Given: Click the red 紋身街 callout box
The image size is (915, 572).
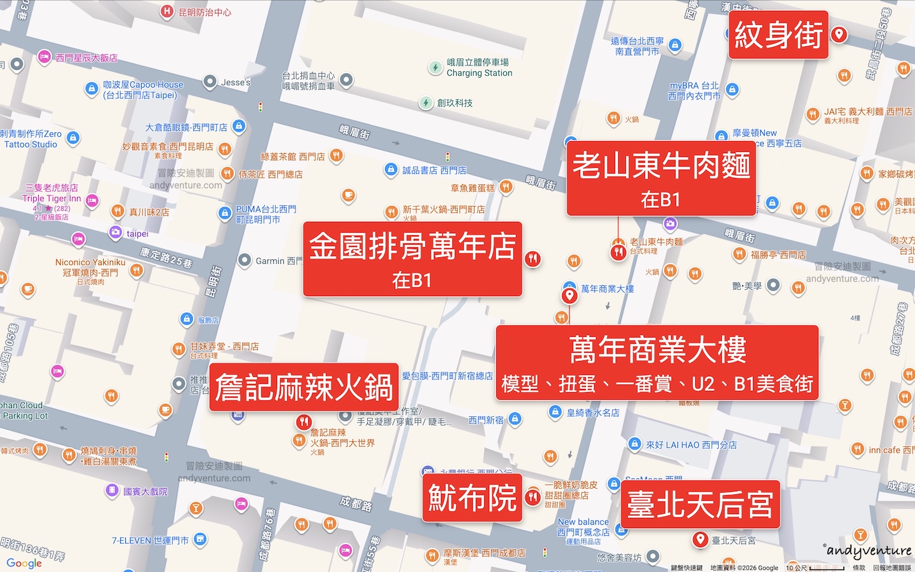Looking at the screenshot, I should point(778,35).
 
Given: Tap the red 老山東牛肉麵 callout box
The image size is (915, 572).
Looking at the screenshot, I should point(661,179).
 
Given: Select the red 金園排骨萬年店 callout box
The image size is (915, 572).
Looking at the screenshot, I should point(412,259).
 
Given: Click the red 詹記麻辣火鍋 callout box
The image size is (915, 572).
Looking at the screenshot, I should point(304,387).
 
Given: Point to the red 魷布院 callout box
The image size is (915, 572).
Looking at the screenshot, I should point(472,498).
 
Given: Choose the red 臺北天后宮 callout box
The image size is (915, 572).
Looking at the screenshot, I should point(700,505).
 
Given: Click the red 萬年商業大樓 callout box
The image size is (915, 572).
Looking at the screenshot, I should point(657,363).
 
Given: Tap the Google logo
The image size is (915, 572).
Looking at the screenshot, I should point(24,563).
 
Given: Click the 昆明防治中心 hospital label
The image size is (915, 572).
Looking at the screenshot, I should point(205,12).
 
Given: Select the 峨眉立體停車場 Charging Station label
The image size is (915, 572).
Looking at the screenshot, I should point(478,67).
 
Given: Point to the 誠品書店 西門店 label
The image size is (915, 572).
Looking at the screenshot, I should point(434,170).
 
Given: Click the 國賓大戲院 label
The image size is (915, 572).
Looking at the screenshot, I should point(145,491).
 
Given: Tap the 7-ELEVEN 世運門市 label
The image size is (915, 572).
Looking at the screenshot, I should point(150,540).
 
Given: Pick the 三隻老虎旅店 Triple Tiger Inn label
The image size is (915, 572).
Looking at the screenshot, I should point(52,193).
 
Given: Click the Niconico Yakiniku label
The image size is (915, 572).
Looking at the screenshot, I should point(90,267).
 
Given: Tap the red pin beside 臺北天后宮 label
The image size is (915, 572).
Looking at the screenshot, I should point(700,540).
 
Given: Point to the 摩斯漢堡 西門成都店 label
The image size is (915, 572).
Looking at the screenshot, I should point(484,553).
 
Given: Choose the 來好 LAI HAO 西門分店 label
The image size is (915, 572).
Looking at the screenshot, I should point(691,445).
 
